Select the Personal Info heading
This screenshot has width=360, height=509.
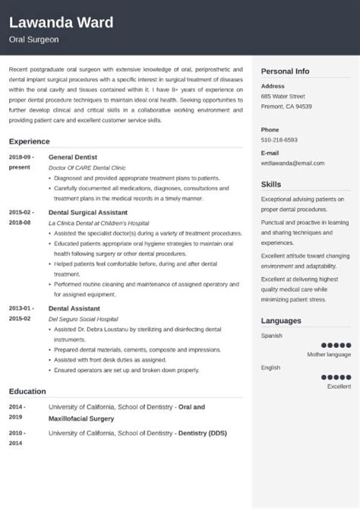click(x=285, y=71)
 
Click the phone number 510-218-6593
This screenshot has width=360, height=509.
click(x=279, y=140)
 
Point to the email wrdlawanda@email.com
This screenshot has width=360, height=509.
click(x=292, y=163)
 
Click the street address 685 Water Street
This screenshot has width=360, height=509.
click(x=283, y=96)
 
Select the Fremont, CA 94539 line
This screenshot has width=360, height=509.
click(x=286, y=106)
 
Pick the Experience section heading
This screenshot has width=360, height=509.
click(x=30, y=141)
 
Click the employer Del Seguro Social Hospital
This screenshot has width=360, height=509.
click(x=83, y=298)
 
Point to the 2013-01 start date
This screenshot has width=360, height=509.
click(x=21, y=286)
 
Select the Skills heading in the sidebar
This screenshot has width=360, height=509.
click(x=271, y=184)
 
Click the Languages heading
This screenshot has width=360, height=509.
click(x=281, y=321)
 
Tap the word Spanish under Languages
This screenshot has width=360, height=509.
click(x=272, y=335)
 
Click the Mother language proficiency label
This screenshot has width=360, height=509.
click(x=329, y=354)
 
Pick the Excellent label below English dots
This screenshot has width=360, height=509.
click(x=339, y=386)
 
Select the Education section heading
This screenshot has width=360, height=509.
click(x=29, y=391)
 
